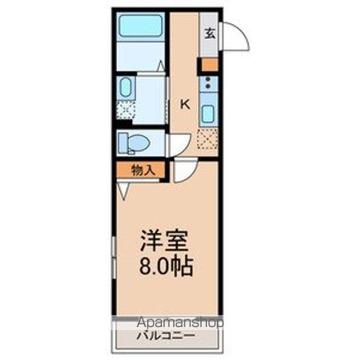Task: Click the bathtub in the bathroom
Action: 140,25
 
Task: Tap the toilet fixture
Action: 136,142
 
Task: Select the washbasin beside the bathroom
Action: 125,88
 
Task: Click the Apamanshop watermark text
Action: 180,323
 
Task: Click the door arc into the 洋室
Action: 183,172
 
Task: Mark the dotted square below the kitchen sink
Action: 207,139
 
